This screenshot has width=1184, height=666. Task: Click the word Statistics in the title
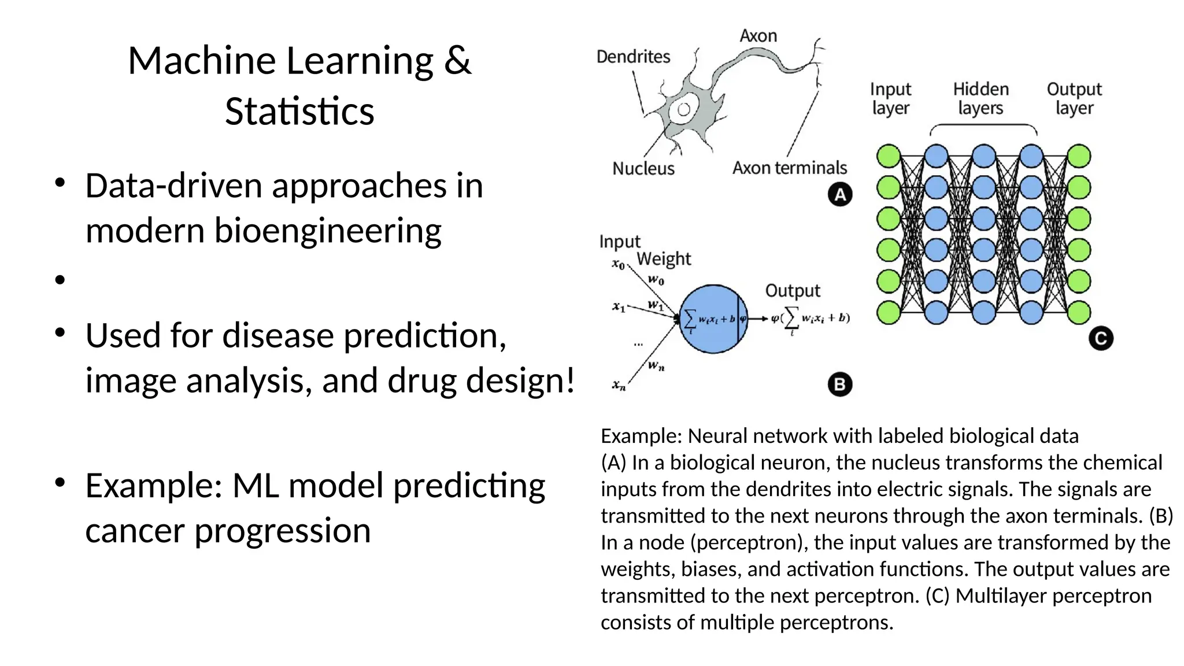[x=299, y=111]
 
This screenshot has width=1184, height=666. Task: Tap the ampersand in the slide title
[x=457, y=61]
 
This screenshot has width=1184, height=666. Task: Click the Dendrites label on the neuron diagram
[x=633, y=57]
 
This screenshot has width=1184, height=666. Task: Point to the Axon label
[x=758, y=36]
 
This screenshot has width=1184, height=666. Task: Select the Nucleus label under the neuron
[x=643, y=168]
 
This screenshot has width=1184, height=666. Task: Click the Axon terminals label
[x=789, y=168]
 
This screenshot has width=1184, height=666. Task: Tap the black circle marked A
[x=839, y=195]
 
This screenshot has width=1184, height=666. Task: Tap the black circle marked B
[x=839, y=384]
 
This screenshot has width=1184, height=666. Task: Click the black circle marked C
[x=1100, y=339]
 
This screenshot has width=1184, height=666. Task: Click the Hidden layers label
[x=980, y=98]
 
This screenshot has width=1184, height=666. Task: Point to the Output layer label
[x=1074, y=98]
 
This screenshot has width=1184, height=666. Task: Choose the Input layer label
[x=890, y=98]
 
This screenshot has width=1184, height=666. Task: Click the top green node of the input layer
[x=889, y=156]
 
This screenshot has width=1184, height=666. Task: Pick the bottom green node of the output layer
[x=1079, y=313]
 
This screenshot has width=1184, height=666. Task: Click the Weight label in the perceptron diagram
[x=664, y=258]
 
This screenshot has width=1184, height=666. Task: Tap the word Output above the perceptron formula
[x=793, y=290]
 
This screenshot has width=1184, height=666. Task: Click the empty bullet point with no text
[x=60, y=280]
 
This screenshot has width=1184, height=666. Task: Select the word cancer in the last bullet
[x=135, y=530]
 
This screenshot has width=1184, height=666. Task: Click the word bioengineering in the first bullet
[x=327, y=230]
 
